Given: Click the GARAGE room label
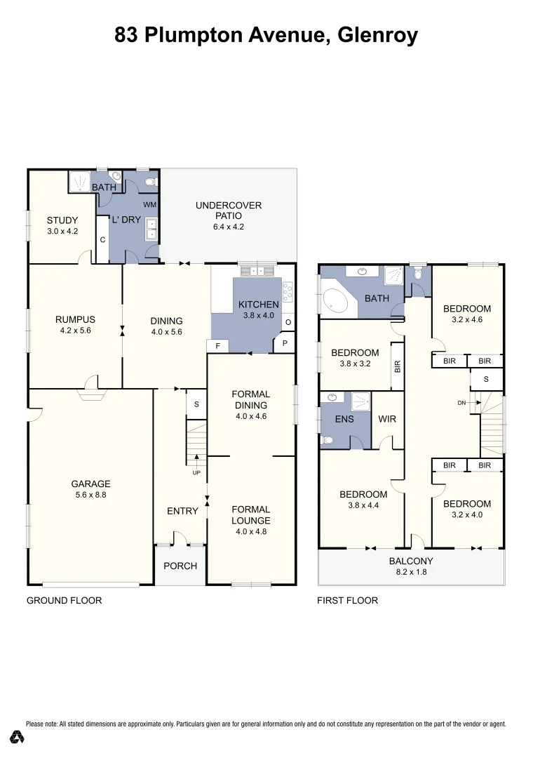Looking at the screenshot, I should click(x=90, y=484).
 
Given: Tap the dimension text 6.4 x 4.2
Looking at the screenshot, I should click(x=229, y=227).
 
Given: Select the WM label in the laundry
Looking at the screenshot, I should click(x=149, y=204).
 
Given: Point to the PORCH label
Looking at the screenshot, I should click(x=180, y=566).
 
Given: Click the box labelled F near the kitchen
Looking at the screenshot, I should click(x=217, y=346).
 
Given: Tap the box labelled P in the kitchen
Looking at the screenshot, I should click(x=285, y=343).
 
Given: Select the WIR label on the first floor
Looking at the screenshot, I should click(x=387, y=419).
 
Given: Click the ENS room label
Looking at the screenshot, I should click(x=344, y=419).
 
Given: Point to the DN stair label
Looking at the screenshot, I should click(x=461, y=403).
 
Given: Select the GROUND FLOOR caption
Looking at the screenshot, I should click(x=64, y=600).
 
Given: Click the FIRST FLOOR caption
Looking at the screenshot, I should click(x=347, y=600).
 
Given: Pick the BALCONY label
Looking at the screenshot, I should click(x=411, y=561).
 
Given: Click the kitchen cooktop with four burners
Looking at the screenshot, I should click(x=288, y=290).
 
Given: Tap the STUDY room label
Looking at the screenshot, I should click(x=62, y=219).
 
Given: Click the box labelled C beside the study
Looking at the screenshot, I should click(x=102, y=239).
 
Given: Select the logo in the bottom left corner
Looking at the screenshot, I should click(x=18, y=737).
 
